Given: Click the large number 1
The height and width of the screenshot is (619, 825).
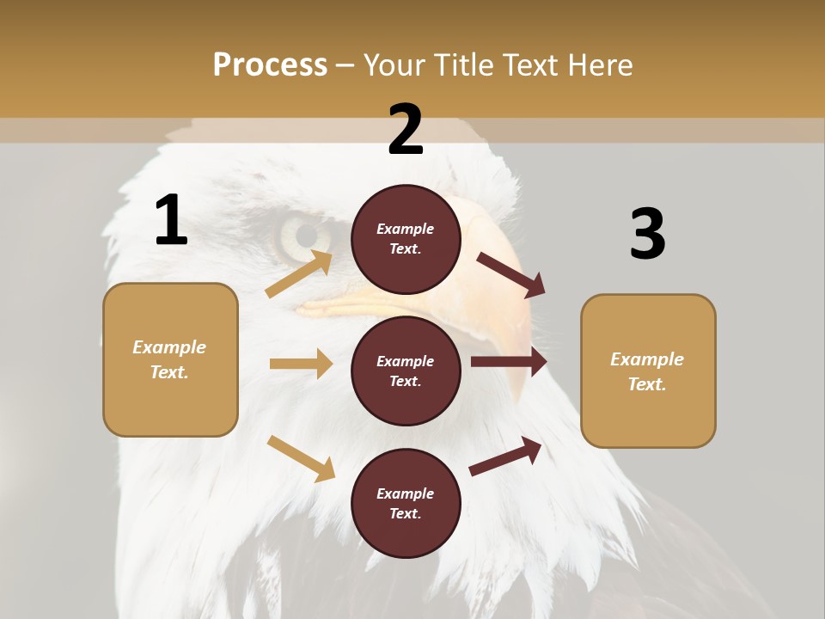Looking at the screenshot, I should point(171,220).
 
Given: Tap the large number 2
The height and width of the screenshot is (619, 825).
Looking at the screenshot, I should point(406,130).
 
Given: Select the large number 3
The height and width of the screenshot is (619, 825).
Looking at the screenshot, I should point(647,235).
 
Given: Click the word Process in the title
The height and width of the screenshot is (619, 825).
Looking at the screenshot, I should point(270,64).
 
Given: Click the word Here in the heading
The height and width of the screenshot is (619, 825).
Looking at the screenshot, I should point(599,64).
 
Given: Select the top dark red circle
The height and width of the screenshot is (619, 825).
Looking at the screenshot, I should point(406,239).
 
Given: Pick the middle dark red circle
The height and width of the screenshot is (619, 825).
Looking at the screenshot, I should point(406,371).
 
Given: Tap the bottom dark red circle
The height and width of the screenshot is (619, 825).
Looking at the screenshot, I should point(406,503).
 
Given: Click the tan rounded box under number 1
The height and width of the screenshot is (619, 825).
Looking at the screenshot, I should point(170,359).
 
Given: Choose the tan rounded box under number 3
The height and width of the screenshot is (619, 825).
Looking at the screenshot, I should point(648,371).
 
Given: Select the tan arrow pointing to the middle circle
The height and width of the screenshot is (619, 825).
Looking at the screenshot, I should point(301,364).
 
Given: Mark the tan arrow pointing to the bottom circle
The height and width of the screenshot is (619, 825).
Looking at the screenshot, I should point(301,458).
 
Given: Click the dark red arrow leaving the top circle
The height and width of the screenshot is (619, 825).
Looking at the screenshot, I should point(511,275).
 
